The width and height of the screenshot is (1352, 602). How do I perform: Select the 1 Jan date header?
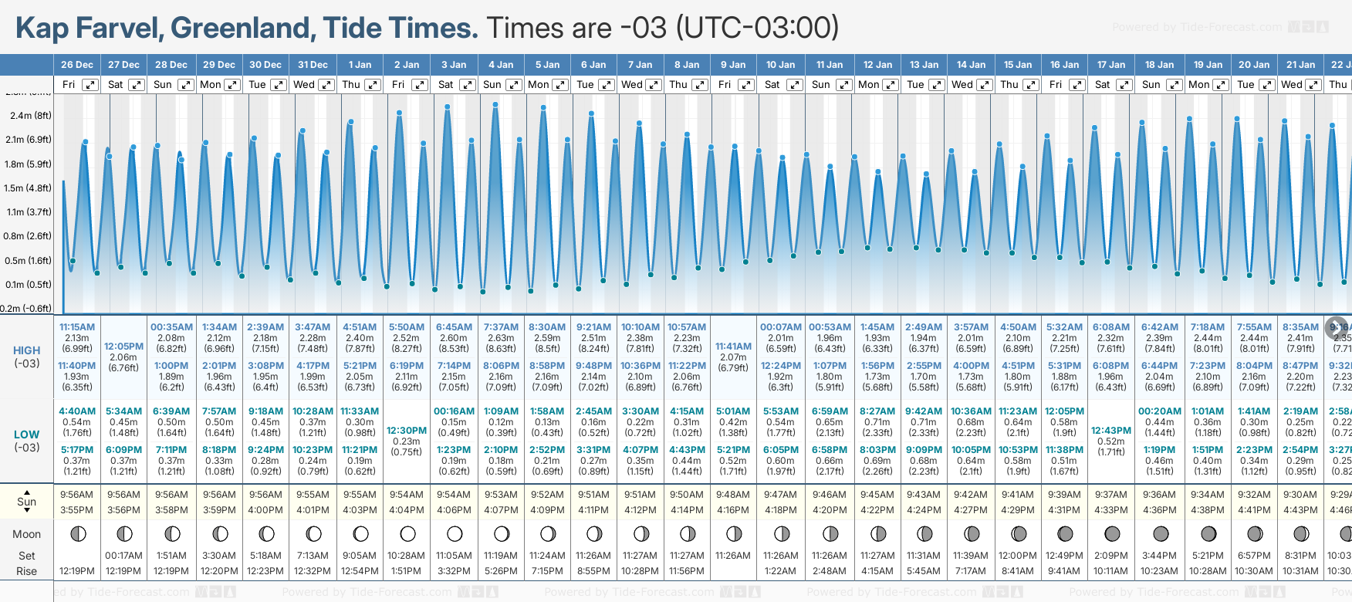pos(360,65)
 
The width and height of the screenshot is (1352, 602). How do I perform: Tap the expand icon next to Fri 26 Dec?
pos(90,85)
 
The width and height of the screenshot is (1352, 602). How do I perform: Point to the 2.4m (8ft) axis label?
pos(31,116)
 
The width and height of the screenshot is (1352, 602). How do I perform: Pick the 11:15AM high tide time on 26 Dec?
pos(77,327)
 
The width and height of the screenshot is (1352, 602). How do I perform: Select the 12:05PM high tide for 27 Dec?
pos(123,347)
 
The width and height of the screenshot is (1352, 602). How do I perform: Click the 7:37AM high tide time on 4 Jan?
pos(501,327)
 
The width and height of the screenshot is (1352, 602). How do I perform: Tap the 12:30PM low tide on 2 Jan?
pos(407,431)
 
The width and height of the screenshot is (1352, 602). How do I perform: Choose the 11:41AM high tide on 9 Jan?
pos(733,347)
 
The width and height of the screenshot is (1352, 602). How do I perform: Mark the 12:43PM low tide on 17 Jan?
pos(1111,431)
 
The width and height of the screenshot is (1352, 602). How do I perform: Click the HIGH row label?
pos(26,350)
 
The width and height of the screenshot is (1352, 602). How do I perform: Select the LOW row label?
pos(26,435)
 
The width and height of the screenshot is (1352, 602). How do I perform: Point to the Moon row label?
pos(26,534)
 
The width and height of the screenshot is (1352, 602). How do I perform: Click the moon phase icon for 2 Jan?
pos(407,533)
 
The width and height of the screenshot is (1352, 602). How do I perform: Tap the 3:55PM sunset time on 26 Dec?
pos(77,510)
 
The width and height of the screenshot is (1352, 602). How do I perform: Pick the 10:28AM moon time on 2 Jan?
pos(406,556)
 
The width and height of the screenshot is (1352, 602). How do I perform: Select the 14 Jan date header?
pos(971,65)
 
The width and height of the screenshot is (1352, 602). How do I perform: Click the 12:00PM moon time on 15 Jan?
pos(1018,556)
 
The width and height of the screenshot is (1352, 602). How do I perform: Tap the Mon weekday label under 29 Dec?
pos(210,85)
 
